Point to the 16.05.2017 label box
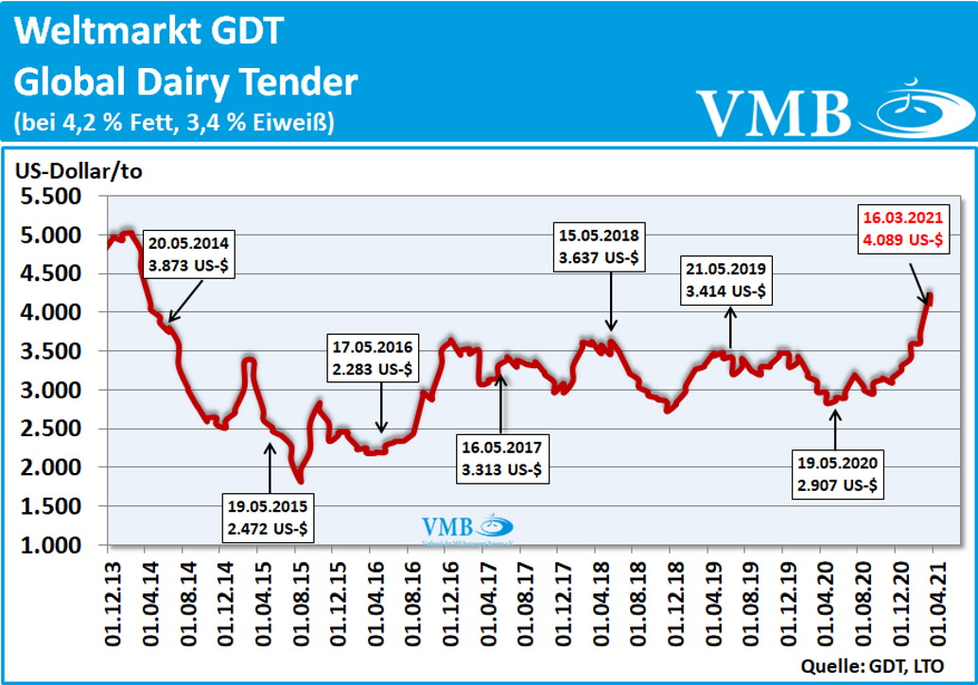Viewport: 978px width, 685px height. (503, 460)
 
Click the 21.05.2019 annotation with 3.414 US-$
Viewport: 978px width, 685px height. (727, 280)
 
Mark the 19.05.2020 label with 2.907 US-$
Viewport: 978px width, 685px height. (837, 477)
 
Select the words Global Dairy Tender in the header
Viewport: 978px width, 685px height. (186, 82)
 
